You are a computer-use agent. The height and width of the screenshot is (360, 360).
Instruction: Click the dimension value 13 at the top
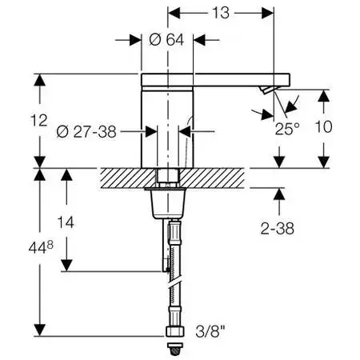click(221, 13)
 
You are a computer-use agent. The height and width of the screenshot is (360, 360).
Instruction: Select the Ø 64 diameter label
click(166, 40)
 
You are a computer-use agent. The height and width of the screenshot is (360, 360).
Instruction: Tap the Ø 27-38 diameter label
click(86, 131)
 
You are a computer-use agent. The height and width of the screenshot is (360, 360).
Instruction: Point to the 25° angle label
click(287, 129)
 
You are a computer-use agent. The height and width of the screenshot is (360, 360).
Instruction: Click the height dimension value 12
click(39, 120)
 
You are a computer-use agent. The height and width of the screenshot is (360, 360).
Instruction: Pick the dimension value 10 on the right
click(323, 126)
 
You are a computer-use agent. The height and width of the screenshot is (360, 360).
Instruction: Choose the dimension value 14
click(66, 222)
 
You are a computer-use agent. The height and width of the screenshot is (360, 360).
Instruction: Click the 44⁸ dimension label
click(41, 247)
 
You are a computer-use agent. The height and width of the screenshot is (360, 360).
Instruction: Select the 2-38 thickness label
click(278, 229)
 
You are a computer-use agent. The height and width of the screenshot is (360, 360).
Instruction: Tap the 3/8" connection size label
click(210, 332)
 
